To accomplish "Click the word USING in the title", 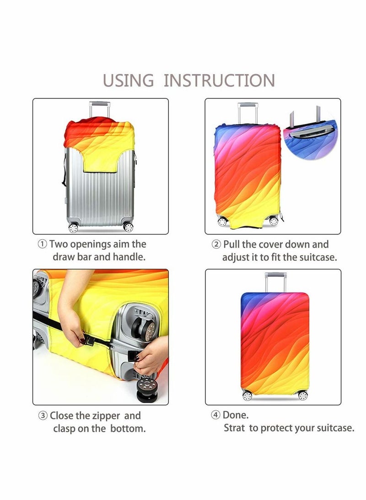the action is [128, 81].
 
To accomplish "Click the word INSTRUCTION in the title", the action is [219, 81].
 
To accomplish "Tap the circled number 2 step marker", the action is [216, 245].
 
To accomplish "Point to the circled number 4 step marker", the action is [215, 415].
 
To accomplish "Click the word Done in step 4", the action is [236, 415].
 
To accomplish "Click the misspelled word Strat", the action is [234, 428].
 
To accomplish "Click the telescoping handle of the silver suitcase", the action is [99, 109].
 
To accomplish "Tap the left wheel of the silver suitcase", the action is [73, 228].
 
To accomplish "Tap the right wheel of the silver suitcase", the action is [129, 227].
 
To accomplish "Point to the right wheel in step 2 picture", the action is [274, 221].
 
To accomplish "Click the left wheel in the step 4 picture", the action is [247, 396].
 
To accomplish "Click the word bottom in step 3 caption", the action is [128, 429].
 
